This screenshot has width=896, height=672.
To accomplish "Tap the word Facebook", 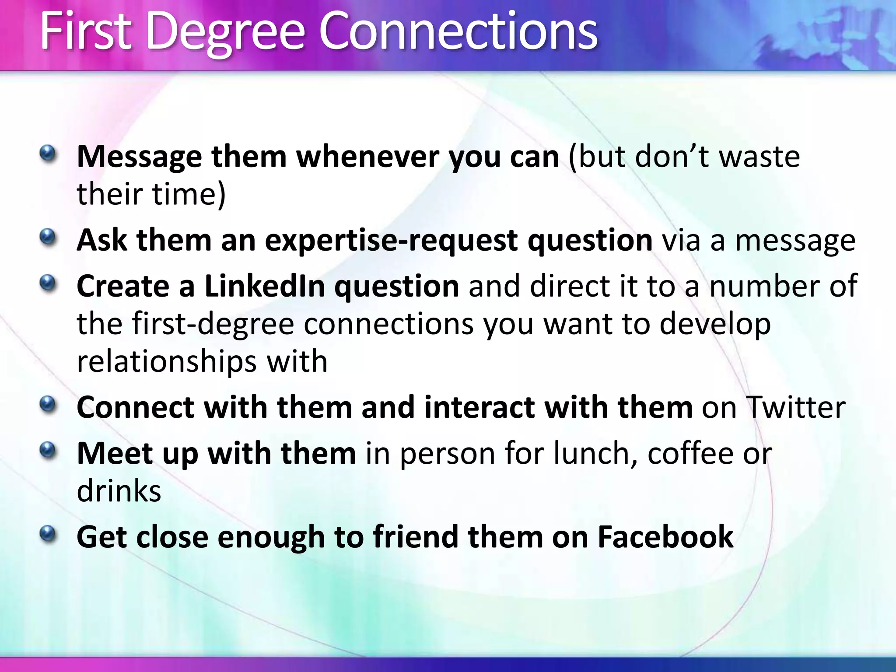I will tap(665, 536).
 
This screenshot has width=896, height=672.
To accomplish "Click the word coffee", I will tap(690, 453).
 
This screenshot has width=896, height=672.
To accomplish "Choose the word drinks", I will tap(119, 490).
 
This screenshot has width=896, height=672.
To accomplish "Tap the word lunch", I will tap(595, 453).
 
